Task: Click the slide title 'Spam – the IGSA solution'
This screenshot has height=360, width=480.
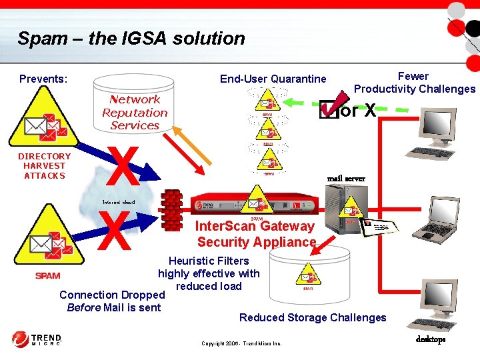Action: (x=131, y=38)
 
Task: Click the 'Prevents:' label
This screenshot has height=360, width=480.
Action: (x=43, y=79)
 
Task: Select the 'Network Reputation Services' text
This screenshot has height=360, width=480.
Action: (x=135, y=112)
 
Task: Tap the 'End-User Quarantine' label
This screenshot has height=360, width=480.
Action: (x=273, y=79)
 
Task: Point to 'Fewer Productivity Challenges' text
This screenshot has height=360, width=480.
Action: (x=414, y=83)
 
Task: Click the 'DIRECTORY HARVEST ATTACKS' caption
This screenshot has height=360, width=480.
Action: (x=44, y=166)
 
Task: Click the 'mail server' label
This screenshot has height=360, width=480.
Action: (x=346, y=179)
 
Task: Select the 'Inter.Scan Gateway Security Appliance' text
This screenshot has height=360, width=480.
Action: (x=256, y=234)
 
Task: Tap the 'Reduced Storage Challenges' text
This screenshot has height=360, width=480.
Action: (x=313, y=317)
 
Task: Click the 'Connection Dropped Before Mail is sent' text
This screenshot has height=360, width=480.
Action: (x=112, y=301)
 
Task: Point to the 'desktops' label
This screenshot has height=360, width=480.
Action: (x=431, y=339)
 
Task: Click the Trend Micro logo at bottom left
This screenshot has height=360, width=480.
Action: (x=37, y=339)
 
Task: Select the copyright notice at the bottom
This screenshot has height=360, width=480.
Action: (x=241, y=344)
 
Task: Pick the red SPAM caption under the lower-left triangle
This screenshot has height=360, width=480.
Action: (x=47, y=276)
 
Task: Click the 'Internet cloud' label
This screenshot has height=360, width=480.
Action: (x=118, y=202)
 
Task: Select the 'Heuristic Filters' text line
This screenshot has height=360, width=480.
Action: (x=209, y=261)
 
